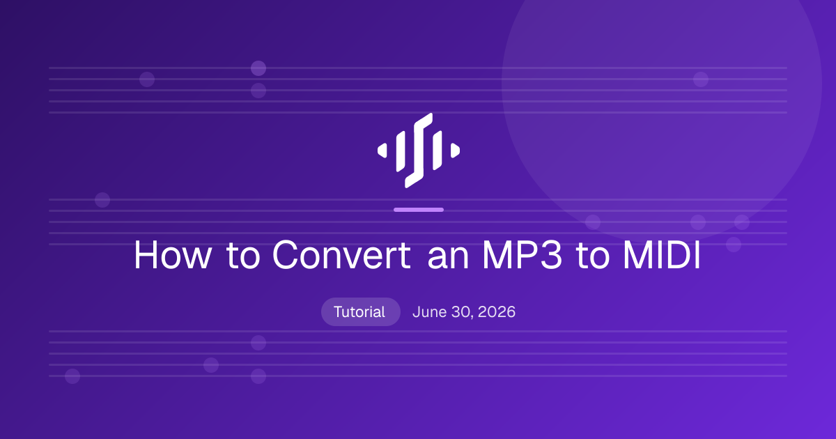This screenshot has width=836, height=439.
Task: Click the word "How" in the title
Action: coord(173,255)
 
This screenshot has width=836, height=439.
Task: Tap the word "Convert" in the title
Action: coord(341,254)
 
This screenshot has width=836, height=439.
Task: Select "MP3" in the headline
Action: coord(522,254)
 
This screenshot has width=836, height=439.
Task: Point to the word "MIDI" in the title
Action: coord(662,255)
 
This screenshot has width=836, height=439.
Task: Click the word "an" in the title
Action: coord(448,259)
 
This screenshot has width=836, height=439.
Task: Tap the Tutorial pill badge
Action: coord(361,311)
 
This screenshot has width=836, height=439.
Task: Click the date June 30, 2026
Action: coord(464,312)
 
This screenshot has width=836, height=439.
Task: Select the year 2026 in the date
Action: coord(496,311)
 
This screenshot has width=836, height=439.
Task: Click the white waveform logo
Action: coord(419,151)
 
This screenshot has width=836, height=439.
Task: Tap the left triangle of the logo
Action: coord(383,151)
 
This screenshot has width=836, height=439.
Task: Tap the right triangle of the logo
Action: coord(454,151)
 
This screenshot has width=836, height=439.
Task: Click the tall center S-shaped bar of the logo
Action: coord(419,151)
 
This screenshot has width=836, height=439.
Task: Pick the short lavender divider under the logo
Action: coord(419,210)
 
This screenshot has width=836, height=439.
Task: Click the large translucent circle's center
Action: coord(661,85)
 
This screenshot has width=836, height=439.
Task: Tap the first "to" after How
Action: coord(243,256)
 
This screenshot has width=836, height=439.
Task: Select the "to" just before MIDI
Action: coord(593,256)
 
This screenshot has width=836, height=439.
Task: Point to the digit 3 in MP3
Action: coord(551,254)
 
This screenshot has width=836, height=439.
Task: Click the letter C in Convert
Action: coord(286,254)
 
